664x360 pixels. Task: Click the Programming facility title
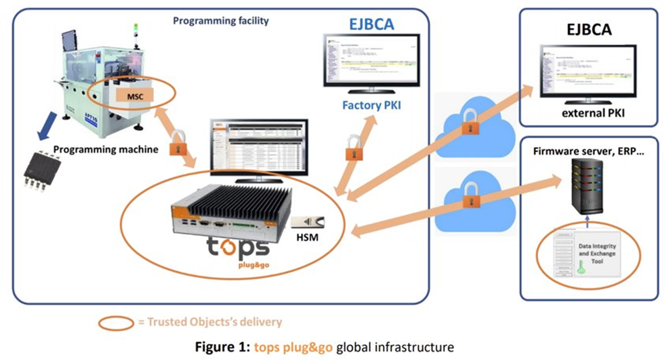[x=220, y=21]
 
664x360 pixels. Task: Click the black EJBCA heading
[x=588, y=30]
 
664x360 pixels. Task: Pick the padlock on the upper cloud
[x=468, y=123]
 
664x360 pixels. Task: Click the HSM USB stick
[x=309, y=221]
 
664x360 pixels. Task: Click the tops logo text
[x=237, y=247]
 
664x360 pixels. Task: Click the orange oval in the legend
[x=116, y=322]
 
